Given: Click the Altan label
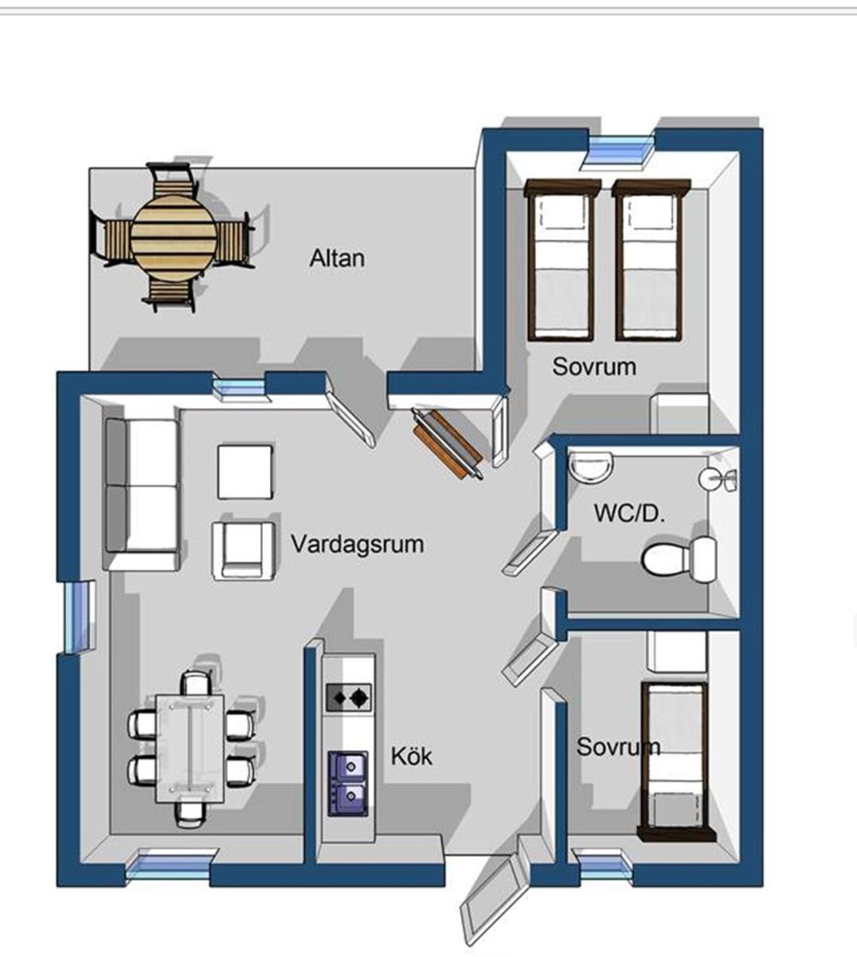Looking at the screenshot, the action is (x=337, y=259).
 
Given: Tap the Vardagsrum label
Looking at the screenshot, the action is (x=358, y=544).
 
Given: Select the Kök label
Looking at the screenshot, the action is (x=411, y=756).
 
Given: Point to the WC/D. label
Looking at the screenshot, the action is (x=629, y=513).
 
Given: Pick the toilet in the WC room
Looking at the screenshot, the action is (x=679, y=559).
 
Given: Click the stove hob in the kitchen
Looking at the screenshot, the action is (x=349, y=697).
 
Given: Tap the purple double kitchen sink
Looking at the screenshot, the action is (x=349, y=783).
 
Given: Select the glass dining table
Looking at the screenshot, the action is (x=190, y=748).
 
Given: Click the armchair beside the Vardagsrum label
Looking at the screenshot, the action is (x=244, y=551).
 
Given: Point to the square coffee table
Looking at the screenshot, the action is (x=245, y=471).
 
